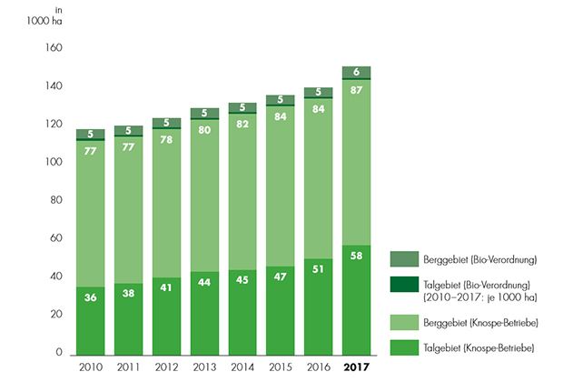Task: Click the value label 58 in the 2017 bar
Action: click(x=357, y=256)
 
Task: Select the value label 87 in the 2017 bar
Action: click(x=357, y=90)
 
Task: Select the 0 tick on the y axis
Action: click(x=58, y=353)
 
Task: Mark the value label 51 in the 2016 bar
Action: click(x=319, y=268)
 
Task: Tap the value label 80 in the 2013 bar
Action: click(x=204, y=128)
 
